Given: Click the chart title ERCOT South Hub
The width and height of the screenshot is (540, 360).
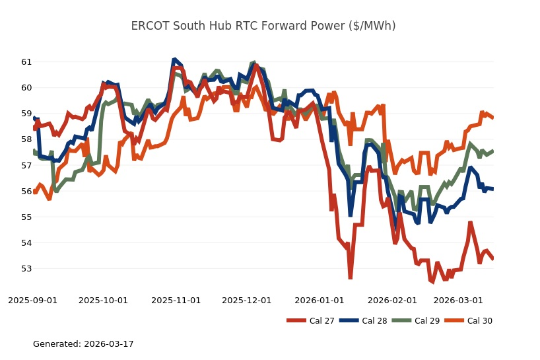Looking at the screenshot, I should (263, 26).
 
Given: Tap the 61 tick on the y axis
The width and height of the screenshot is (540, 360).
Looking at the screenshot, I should (26, 61).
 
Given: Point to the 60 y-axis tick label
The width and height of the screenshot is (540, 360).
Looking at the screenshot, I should (26, 87).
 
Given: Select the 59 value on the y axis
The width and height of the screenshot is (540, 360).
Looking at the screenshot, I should (26, 114).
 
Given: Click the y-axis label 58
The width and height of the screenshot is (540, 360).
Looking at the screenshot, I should (26, 139).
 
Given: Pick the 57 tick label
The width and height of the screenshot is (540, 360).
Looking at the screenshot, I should (26, 165).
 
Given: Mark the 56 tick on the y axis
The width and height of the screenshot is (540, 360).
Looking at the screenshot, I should (26, 191).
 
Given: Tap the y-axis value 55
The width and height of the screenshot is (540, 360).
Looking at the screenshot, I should (26, 217).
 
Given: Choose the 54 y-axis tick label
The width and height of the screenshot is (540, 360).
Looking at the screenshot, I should (26, 243).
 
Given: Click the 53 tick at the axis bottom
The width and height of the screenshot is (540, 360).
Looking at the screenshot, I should (26, 269).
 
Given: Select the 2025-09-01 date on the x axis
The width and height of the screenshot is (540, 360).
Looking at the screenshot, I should (32, 300).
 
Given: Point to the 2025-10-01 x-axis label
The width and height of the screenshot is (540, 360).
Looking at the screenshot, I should (103, 300).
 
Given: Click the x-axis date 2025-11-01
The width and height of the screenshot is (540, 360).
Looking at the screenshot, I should (176, 300).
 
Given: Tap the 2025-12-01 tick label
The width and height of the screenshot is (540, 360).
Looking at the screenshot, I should (246, 300).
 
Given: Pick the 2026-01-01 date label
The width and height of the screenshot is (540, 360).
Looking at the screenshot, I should (320, 300).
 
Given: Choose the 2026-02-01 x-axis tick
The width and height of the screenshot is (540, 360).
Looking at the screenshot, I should (392, 300).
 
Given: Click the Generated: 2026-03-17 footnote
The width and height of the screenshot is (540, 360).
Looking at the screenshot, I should (83, 344).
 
